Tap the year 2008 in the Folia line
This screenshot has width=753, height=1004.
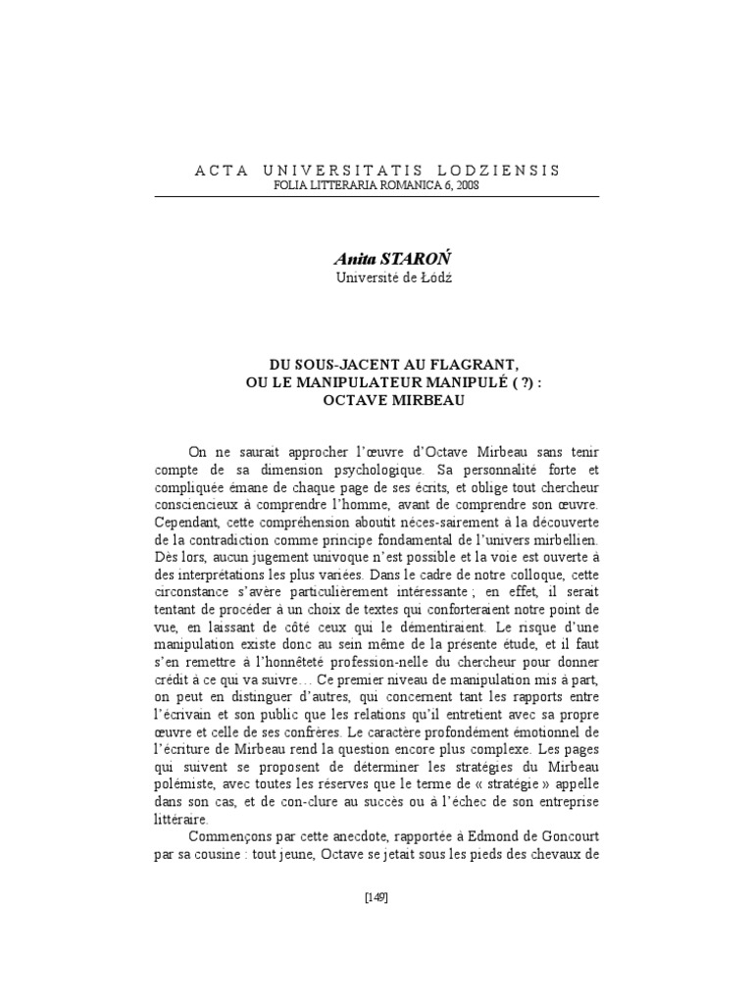click(x=463, y=185)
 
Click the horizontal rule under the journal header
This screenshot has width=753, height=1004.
click(x=376, y=195)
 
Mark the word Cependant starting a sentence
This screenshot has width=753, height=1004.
click(x=187, y=522)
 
